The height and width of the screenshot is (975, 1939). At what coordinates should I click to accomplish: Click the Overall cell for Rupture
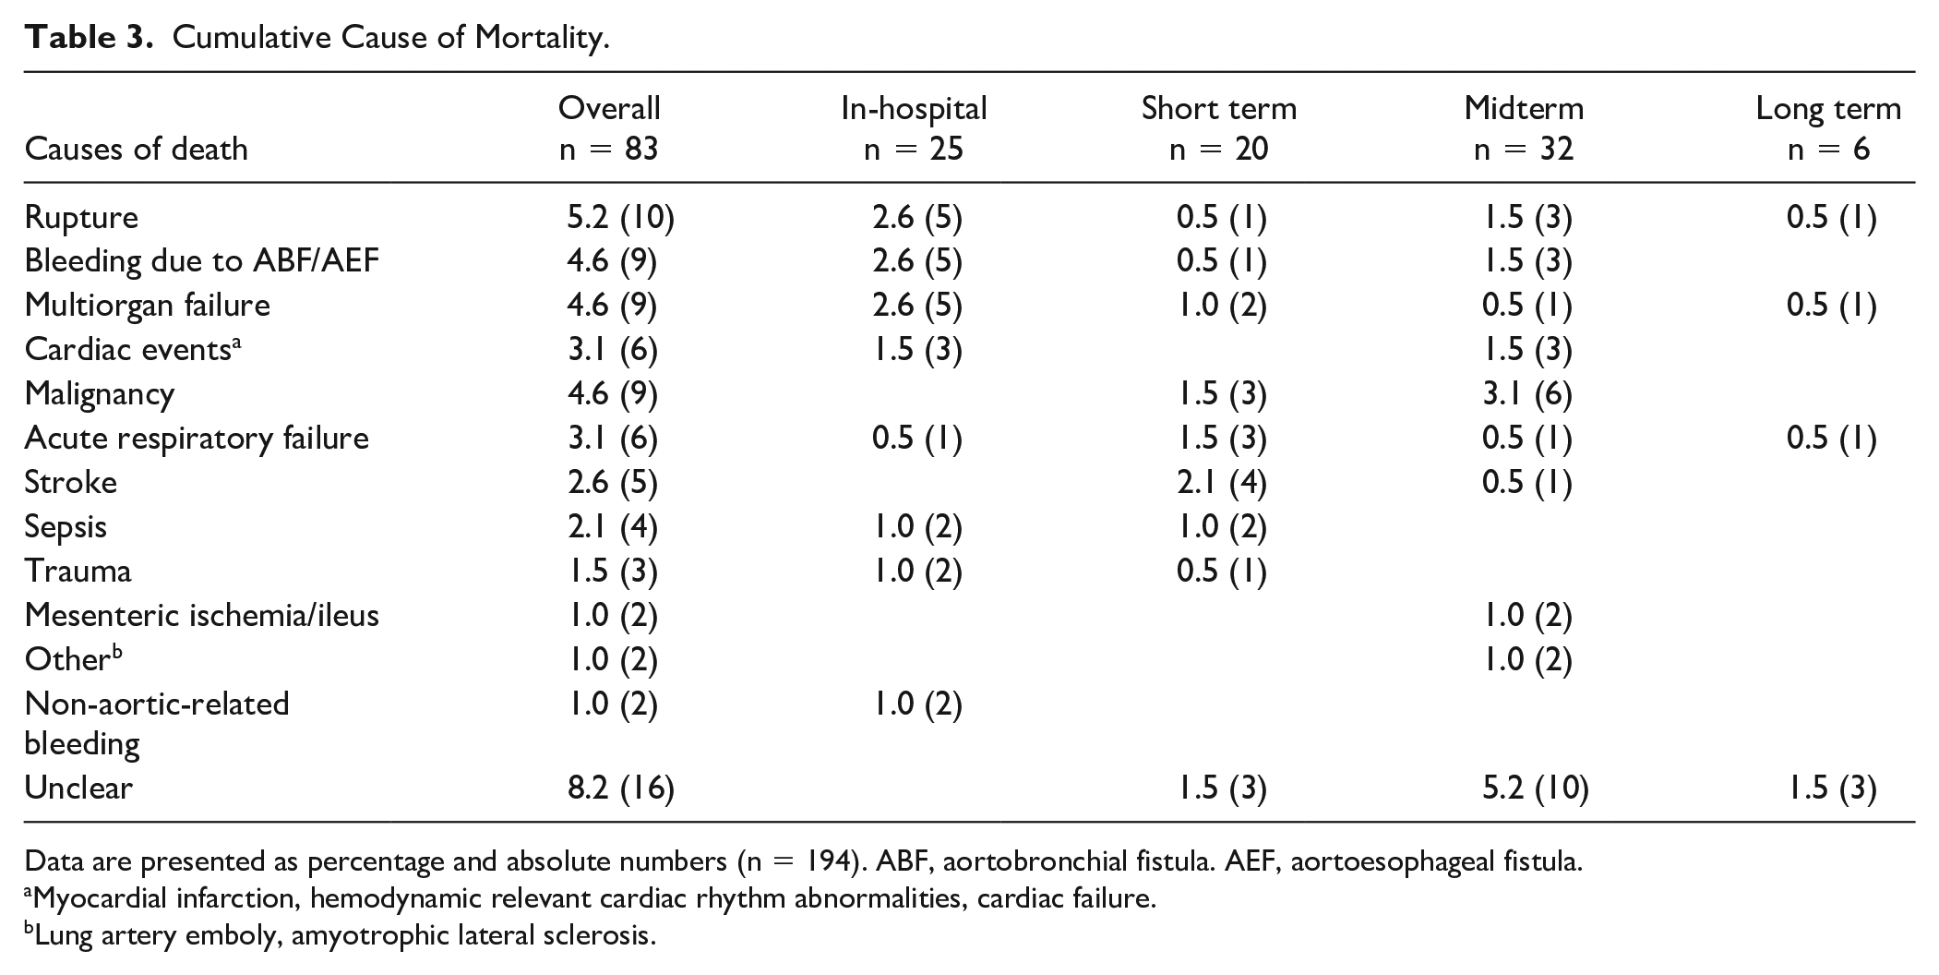(x=620, y=217)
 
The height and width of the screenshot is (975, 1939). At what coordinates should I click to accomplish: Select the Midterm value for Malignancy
(x=1526, y=394)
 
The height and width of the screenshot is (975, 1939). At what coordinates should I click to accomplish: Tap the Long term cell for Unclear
(x=1831, y=788)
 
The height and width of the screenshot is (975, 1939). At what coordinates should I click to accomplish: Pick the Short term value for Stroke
(x=1222, y=482)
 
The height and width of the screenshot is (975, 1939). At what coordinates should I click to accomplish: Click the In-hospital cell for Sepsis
(x=916, y=526)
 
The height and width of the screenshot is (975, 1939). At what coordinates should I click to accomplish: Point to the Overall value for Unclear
(x=620, y=788)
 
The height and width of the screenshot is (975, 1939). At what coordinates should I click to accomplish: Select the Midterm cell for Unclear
(x=1535, y=788)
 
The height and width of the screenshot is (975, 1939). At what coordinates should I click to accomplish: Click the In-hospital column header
(x=914, y=128)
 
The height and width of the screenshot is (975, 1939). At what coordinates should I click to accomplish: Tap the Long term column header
(x=1828, y=128)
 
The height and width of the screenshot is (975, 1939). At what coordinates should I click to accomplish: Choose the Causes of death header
(x=137, y=149)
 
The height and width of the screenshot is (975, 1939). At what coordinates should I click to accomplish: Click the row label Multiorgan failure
(x=148, y=306)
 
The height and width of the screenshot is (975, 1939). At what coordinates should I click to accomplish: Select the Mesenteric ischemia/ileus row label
(x=202, y=615)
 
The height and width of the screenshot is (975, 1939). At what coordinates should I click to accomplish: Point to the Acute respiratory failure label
(x=197, y=439)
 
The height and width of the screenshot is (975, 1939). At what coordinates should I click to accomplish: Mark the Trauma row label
(x=78, y=571)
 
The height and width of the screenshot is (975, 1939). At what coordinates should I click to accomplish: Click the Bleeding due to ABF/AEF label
(x=202, y=261)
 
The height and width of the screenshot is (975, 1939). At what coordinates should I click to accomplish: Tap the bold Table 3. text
(x=90, y=38)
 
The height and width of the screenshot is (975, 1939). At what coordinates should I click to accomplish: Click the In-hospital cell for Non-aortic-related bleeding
(x=916, y=704)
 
